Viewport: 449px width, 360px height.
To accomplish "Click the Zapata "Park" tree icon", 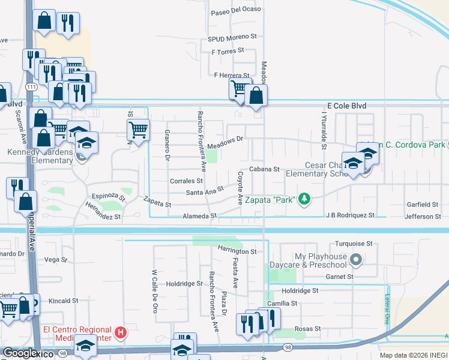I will (x=305, y=199).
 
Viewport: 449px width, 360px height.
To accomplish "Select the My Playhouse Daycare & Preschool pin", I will (x=356, y=260).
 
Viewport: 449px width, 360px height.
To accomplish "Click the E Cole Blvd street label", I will (x=346, y=106).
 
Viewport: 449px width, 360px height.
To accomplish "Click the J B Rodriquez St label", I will (x=350, y=215).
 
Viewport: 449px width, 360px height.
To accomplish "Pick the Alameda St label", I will (x=200, y=216).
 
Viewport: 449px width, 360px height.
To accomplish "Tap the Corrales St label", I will (x=186, y=181).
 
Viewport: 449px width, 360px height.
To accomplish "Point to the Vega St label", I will (x=56, y=260).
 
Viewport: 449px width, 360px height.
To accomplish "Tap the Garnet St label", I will (x=340, y=277).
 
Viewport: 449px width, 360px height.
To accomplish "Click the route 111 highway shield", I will (x=31, y=88).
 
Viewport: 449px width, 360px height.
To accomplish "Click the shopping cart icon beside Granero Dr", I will (x=138, y=128).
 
